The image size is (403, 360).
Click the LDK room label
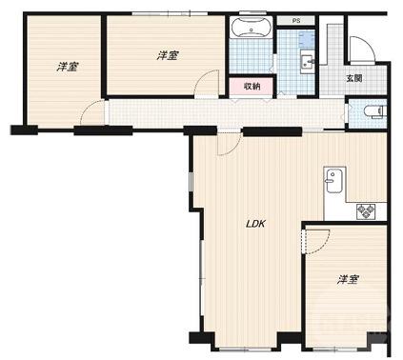click(255, 224)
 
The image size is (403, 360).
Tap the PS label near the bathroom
click(296, 21)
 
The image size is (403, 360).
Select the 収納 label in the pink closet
click(252, 86)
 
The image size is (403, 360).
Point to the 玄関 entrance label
click(354, 78)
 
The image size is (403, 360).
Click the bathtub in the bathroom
click(251, 27)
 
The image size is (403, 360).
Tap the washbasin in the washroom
click(308, 62)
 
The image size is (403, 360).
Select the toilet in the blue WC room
click(374, 111)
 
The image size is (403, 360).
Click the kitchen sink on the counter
click(334, 180)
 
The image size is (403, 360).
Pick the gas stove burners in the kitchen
click(366, 211)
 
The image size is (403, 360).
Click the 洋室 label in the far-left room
click(68, 67)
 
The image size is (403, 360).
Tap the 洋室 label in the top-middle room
click(168, 56)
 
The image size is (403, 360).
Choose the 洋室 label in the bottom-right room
click(348, 280)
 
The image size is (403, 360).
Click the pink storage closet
click(252, 87)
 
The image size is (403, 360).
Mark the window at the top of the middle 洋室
click(170, 13)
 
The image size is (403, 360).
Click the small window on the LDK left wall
click(191, 182)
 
